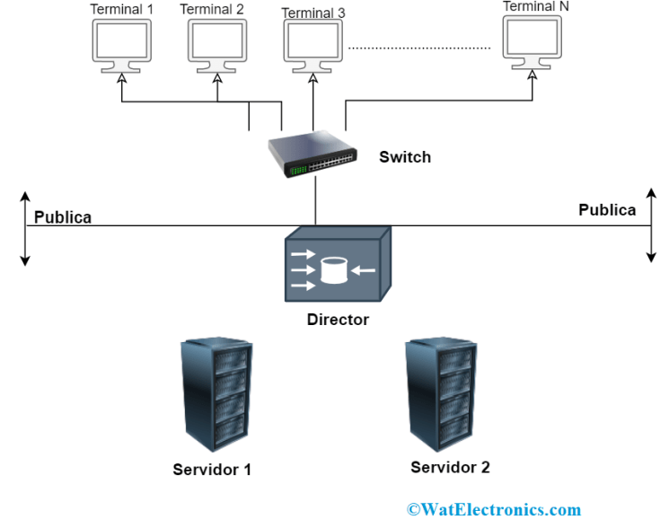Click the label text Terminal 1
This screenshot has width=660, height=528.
(122, 10)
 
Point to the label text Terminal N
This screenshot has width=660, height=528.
(536, 6)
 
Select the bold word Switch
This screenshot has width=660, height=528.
(405, 158)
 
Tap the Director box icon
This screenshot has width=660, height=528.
(337, 267)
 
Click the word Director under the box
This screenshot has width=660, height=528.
(338, 320)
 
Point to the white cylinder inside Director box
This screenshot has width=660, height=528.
(334, 269)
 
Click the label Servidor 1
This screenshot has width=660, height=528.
(212, 470)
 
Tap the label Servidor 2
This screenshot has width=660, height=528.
(450, 468)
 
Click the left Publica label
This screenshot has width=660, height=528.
(63, 218)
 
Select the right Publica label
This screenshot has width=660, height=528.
(607, 211)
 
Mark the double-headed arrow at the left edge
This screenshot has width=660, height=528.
(25, 228)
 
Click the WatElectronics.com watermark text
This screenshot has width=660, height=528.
(494, 510)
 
